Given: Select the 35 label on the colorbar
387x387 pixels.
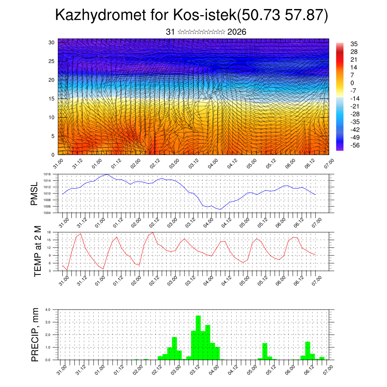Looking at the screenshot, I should [x=354, y=44].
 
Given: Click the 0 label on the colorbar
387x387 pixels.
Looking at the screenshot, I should [x=352, y=83].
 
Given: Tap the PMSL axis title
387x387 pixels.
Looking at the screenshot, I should [x=34, y=194].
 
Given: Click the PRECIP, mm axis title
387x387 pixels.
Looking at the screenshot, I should [x=35, y=334].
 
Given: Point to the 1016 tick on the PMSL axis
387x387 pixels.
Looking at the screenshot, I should [x=47, y=174].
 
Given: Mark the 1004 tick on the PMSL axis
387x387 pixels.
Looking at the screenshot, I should [x=47, y=213].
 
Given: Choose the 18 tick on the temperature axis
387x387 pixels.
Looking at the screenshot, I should [x=49, y=232].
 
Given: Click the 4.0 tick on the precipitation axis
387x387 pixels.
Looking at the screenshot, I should [x=48, y=310].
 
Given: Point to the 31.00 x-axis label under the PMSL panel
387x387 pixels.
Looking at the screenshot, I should [x=63, y=221].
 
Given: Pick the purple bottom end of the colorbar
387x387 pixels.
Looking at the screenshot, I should [x=340, y=149].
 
